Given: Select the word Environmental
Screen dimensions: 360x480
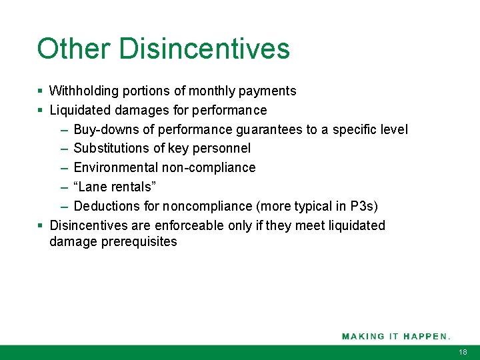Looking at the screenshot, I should (x=116, y=167).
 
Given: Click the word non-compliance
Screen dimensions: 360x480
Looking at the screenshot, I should (x=209, y=167).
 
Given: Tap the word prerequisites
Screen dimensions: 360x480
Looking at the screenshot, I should (x=139, y=242).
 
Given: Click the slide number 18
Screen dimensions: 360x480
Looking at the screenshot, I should (x=463, y=352).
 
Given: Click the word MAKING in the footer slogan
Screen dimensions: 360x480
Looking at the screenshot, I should (x=363, y=336).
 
